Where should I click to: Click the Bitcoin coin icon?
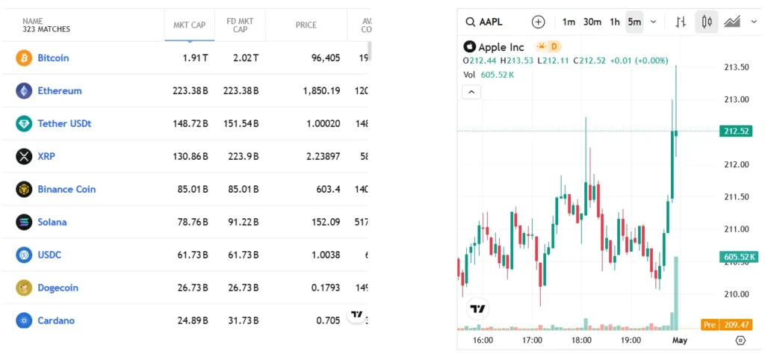tap(24, 58)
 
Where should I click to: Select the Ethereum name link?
tap(60, 90)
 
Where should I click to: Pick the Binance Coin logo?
tap(24, 189)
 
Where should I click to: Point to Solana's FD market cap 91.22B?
tap(241, 222)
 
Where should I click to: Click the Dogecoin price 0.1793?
tap(326, 288)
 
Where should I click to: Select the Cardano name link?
tap(56, 320)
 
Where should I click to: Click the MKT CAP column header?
tap(189, 25)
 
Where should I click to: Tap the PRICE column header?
tap(306, 25)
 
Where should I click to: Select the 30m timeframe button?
tap(592, 22)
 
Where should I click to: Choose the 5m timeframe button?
tap(634, 22)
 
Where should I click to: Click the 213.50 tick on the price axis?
tap(737, 67)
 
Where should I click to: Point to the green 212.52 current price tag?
tap(737, 131)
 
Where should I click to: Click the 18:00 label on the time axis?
tap(581, 340)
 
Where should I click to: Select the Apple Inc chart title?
tap(501, 47)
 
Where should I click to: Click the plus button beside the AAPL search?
tap(539, 22)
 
